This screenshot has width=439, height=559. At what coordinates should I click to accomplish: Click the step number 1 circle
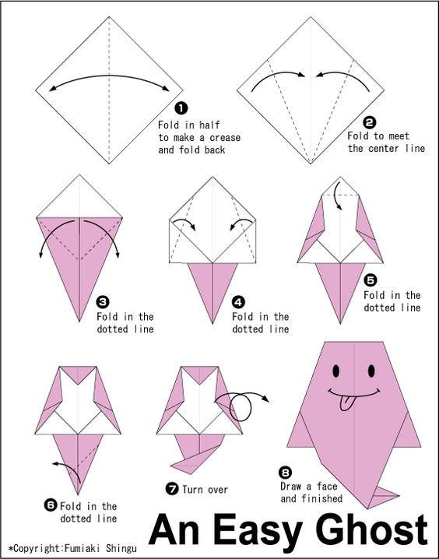tap(181, 108)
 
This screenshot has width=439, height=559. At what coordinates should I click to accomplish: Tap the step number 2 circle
tap(370, 123)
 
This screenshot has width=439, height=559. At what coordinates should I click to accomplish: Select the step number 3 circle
tap(103, 302)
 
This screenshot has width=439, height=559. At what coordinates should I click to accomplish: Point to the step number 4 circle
tap(238, 302)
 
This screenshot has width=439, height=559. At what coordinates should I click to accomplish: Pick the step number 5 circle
tap(371, 280)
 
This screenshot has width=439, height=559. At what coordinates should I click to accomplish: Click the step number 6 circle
tap(51, 505)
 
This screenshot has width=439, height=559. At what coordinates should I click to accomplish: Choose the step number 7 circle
tap(172, 488)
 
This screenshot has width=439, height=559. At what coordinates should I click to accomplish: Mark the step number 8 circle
tap(286, 473)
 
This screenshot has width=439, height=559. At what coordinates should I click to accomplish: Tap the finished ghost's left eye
tap(336, 371)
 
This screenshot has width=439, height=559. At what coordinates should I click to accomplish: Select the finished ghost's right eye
tap(371, 371)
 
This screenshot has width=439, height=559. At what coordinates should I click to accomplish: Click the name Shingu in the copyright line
tap(121, 548)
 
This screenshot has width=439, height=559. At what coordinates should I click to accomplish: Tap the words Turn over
tap(205, 490)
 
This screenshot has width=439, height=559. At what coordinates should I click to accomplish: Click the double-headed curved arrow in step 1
tap(109, 76)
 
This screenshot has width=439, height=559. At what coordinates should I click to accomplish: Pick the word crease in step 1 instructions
tap(225, 138)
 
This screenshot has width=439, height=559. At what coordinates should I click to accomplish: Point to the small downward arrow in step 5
tap(338, 195)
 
